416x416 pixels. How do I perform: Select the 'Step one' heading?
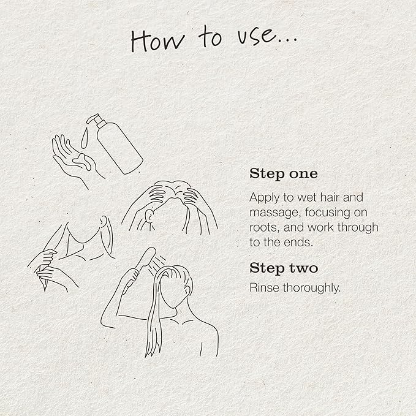pos(283,174)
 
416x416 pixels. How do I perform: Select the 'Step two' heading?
pos(284,268)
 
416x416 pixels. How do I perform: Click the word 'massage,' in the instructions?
pos(275,213)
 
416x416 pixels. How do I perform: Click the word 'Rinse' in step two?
pos(264,287)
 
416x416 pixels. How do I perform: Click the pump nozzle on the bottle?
pos(95,119)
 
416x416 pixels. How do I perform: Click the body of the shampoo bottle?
pos(120,148)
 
